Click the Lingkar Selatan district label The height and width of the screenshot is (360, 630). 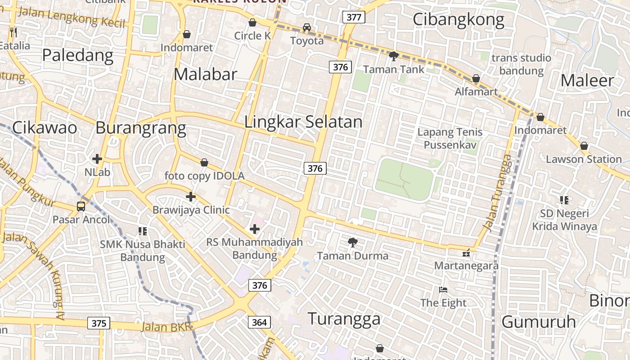coord(303,122)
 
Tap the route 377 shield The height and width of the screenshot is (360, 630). coord(354,18)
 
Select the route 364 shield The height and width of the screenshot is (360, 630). coord(259,322)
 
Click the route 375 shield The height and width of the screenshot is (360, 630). coord(99,323)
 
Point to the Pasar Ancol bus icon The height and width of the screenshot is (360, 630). coord(81,207)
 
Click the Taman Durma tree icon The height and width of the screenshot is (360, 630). coord(353,243)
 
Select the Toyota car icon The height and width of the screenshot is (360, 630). coord(307,27)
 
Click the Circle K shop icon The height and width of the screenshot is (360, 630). coord(252,22)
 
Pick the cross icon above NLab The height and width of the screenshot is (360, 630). coord(97,159)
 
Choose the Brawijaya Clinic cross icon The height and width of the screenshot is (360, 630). coord(191,197)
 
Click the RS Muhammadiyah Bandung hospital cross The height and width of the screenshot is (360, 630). coord(255,229)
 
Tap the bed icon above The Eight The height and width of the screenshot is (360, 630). coord(443,290)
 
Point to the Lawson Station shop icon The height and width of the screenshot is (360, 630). coord(584,146)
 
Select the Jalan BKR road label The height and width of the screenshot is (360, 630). coord(166,326)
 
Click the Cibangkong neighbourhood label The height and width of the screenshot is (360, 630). coord(458,20)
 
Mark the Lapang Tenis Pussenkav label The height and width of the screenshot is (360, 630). coord(450,139)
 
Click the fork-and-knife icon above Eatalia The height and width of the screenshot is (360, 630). coord(13,32)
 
